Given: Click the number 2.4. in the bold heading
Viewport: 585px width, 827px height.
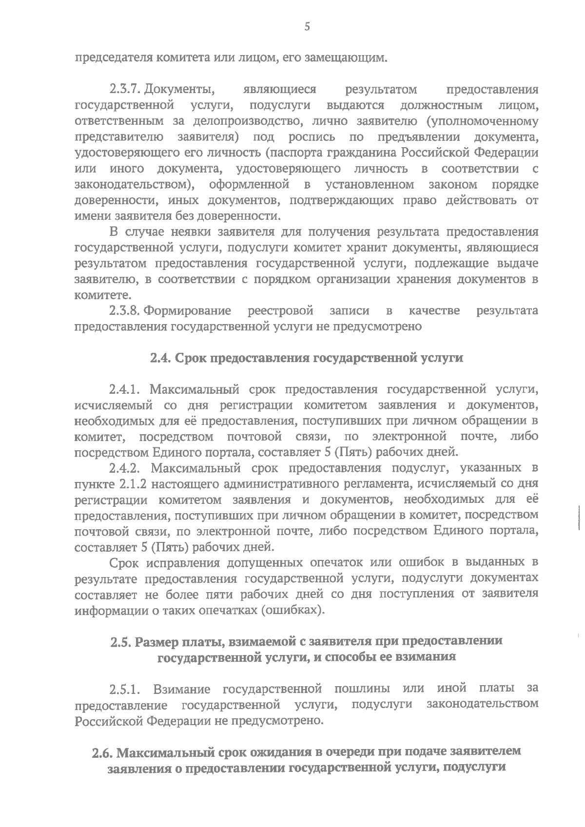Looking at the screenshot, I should (x=160, y=358).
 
